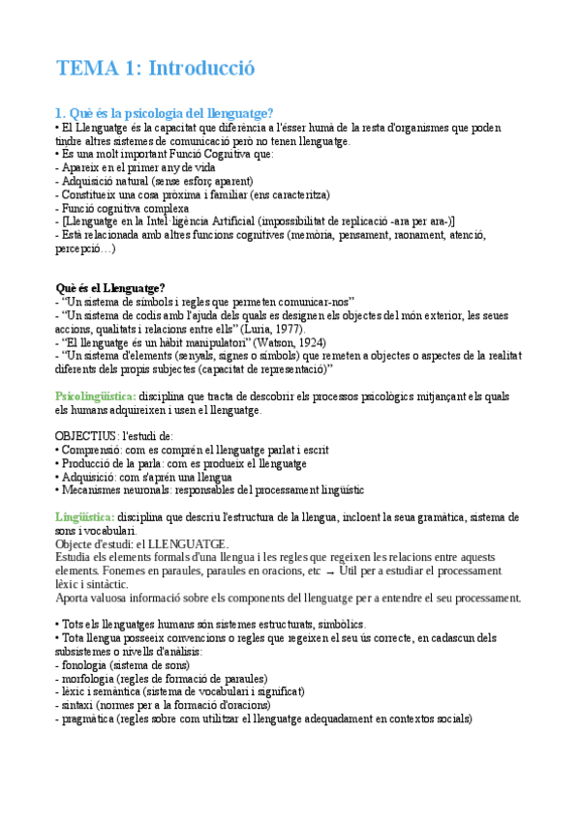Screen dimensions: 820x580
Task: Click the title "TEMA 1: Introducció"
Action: click(155, 69)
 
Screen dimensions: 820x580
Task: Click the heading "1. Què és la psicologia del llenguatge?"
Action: click(165, 113)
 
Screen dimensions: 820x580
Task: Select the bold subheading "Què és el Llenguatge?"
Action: click(109, 287)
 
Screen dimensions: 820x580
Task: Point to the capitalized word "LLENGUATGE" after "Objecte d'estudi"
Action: click(193, 544)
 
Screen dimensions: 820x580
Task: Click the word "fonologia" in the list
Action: click(84, 665)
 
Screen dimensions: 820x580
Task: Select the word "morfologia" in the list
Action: click(89, 679)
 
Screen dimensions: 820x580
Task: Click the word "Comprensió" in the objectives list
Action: click(93, 450)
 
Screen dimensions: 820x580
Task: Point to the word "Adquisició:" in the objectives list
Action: click(92, 477)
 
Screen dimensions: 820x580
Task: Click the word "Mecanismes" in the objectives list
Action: click(93, 490)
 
